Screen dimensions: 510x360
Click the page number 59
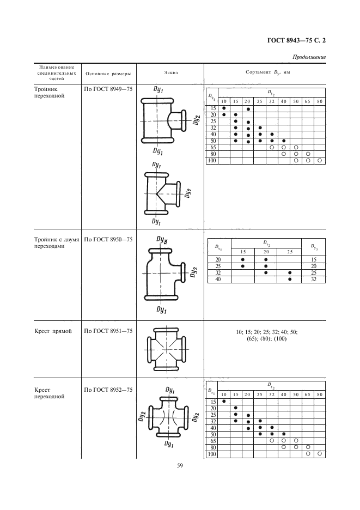click(179, 465)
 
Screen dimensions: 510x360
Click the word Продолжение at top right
click(309, 56)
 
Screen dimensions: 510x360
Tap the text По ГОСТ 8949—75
click(108, 87)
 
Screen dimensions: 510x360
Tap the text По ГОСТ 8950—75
click(108, 239)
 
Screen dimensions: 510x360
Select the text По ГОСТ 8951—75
click(108, 331)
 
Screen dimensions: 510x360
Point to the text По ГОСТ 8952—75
click(108, 390)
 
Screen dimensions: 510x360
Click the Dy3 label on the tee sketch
click(162, 239)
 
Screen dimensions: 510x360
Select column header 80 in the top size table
click(320, 101)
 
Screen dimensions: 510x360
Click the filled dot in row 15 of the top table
click(223, 108)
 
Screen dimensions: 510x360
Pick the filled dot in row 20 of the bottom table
click(235, 408)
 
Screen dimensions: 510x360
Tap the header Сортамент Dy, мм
click(266, 72)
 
